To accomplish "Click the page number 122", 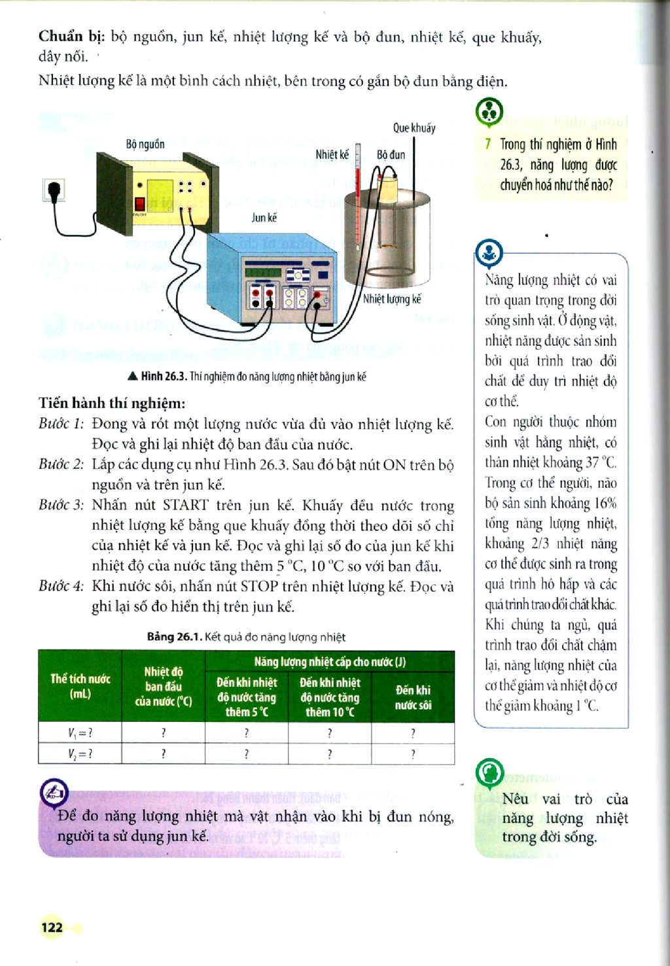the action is tap(52, 927).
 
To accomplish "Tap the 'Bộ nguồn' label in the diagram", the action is tap(145, 144).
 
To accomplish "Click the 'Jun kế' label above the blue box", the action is tap(264, 218).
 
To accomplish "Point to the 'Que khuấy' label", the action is tap(414, 128).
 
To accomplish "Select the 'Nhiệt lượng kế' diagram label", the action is tap(392, 299).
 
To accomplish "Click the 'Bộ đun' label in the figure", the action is tap(391, 154).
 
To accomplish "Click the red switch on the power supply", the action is tap(139, 204).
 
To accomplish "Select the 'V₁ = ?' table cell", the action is tap(80, 733).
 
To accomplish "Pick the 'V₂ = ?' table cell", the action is tap(80, 753).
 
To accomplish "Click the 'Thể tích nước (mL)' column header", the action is tap(80, 686).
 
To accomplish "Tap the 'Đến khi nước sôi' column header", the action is tap(413, 697).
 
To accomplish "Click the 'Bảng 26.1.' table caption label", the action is tap(174, 637).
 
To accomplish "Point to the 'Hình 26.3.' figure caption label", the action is tap(164, 377).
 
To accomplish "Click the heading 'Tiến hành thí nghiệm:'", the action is tap(112, 404).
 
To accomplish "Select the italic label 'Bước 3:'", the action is tap(61, 504).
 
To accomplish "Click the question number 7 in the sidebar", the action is tap(487, 144).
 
